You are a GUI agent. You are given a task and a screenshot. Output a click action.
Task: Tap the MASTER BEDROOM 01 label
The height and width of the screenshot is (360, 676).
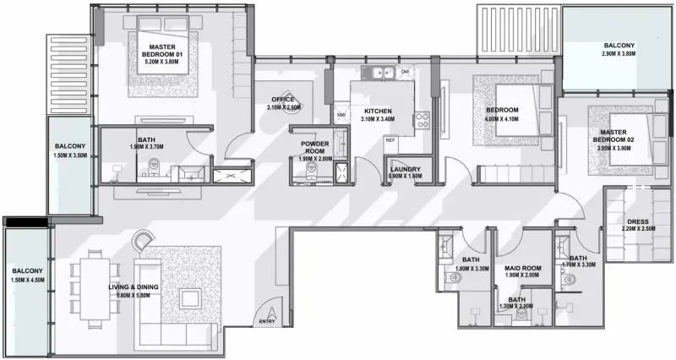coord(162,47)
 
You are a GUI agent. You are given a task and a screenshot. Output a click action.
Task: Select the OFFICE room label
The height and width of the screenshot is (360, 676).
coord(283,100)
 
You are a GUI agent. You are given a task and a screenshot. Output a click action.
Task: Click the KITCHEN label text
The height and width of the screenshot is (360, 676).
coord(378,112)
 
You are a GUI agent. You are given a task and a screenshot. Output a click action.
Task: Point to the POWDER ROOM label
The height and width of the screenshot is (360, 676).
coord(313,147)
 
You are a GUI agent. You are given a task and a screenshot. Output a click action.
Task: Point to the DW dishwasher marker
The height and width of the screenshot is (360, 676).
coord(406,71)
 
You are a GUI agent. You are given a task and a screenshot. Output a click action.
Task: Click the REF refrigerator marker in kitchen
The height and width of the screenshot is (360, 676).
coord(390,139)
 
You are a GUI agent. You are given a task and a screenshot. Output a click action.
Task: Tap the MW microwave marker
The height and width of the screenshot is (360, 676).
coord(341,115)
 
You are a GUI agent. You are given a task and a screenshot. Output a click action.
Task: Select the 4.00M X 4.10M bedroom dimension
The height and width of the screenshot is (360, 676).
coord(503,119)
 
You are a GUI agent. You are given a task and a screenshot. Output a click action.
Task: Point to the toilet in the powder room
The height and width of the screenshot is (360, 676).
coord(311,169)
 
